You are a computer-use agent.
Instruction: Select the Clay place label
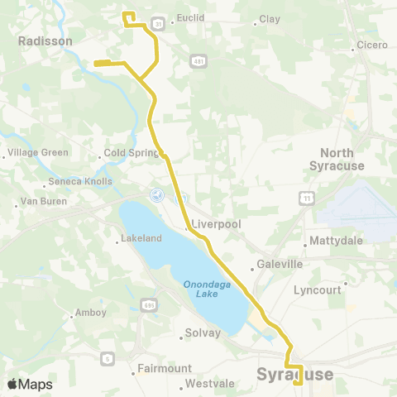click(270, 18)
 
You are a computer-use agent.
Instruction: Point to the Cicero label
click(371, 45)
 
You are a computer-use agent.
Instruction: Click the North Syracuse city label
click(337, 160)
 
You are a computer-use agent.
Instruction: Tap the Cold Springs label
click(129, 153)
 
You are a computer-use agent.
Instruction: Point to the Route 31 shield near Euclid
click(157, 24)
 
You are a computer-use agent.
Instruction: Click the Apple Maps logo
click(30, 384)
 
